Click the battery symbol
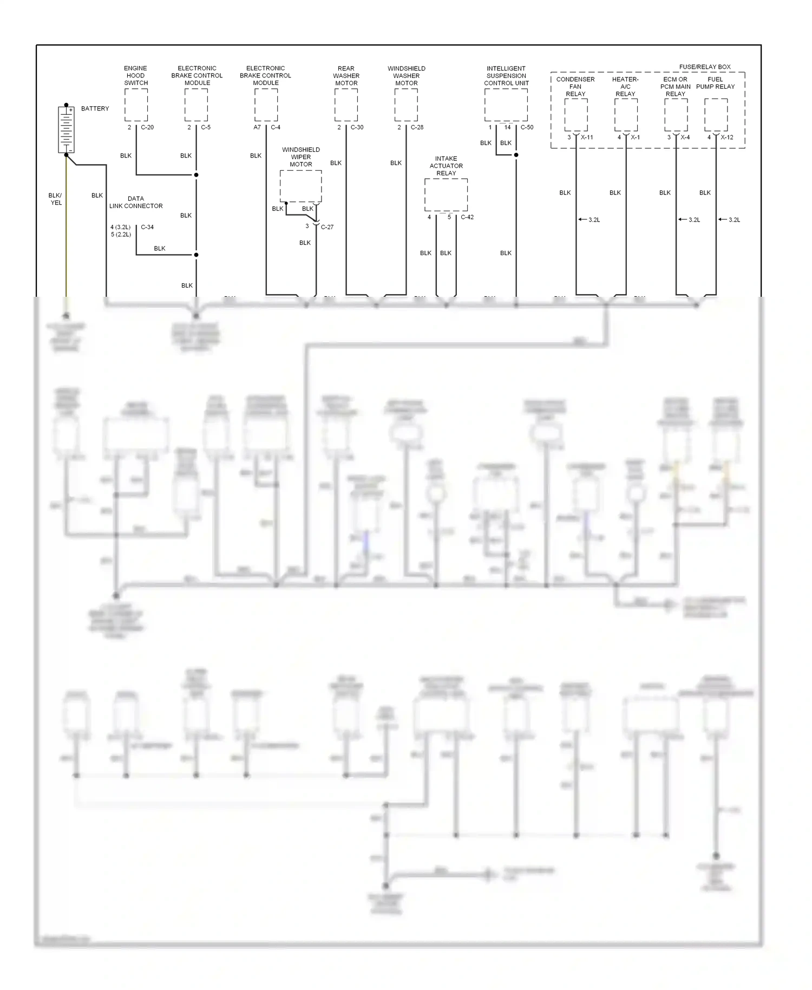(x=66, y=129)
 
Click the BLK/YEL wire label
(x=55, y=199)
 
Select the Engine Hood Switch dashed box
(x=136, y=105)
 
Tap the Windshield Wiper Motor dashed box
(x=300, y=186)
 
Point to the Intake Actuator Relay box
(x=446, y=194)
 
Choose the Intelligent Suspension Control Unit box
(x=506, y=105)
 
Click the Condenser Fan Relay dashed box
(x=575, y=115)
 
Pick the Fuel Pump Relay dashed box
(x=716, y=115)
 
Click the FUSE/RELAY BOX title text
(x=704, y=67)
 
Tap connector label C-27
(x=327, y=227)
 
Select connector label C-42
(x=467, y=217)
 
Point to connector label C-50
(x=527, y=127)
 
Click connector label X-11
(x=587, y=137)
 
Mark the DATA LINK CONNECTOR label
(x=136, y=202)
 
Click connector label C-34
(x=147, y=227)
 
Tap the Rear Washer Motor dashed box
(x=346, y=105)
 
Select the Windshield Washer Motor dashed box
(x=406, y=105)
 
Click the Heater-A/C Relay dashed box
(x=625, y=115)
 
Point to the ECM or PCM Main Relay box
(x=676, y=115)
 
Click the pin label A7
(x=257, y=127)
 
